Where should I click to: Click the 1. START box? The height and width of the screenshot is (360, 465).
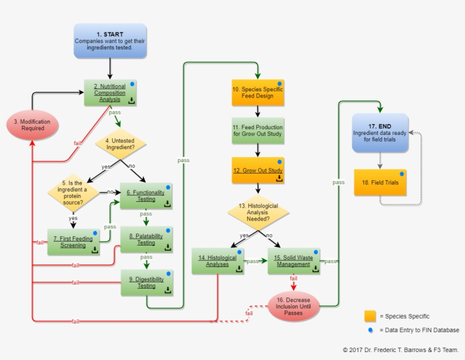click(109, 41)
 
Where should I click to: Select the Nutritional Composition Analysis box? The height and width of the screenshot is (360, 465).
click(111, 92)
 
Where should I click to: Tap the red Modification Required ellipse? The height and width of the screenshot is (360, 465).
click(32, 124)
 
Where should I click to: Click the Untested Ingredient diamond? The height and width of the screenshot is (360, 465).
click(120, 144)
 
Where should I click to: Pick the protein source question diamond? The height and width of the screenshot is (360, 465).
click(73, 192)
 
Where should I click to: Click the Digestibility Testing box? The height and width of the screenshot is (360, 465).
click(146, 282)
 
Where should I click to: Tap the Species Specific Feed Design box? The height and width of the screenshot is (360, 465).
click(257, 92)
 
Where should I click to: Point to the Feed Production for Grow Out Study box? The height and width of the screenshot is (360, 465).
click(257, 130)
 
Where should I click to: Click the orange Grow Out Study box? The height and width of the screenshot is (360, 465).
click(257, 170)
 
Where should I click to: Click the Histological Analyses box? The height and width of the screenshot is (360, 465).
click(218, 261)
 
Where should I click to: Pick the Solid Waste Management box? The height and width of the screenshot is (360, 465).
click(293, 261)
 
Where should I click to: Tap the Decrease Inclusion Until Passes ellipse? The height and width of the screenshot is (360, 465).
click(293, 306)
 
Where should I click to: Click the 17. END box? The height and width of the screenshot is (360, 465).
click(380, 133)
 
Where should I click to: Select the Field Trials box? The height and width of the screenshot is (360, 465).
click(380, 183)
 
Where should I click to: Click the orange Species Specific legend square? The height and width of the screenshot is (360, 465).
click(370, 316)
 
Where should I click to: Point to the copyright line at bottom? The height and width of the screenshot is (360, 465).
click(400, 350)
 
